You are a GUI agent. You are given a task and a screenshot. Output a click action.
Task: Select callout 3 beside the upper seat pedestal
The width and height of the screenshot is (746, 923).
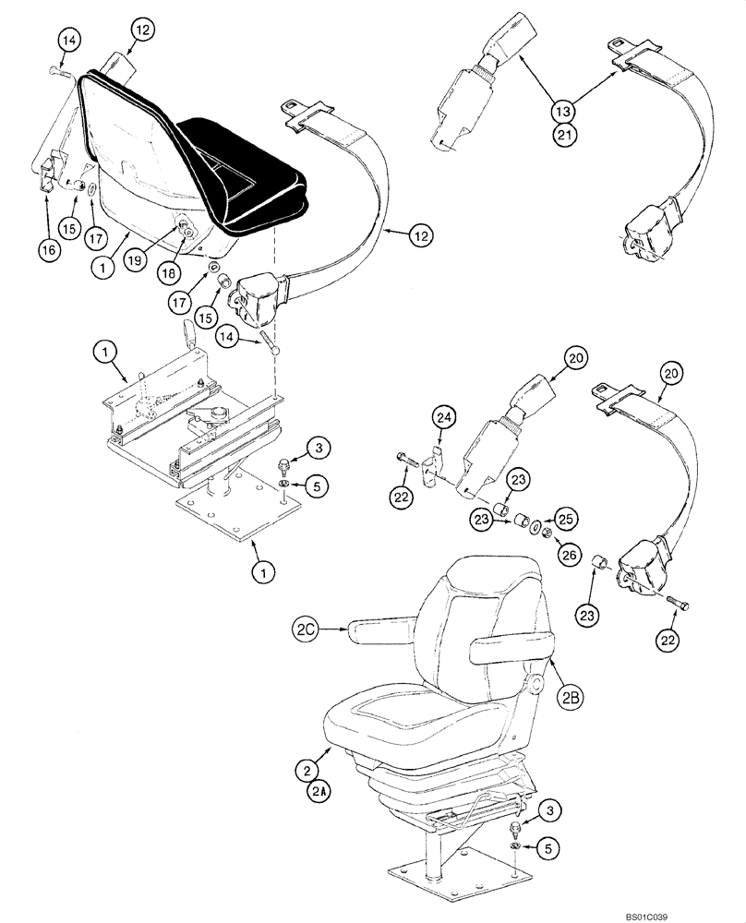point(317,449)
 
